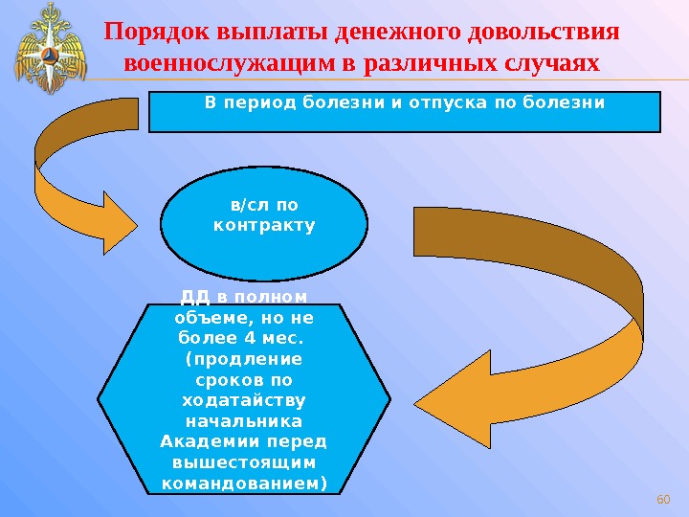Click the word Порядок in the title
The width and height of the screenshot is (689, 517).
click(x=149, y=32)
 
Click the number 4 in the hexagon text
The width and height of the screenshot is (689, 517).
click(x=250, y=339)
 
